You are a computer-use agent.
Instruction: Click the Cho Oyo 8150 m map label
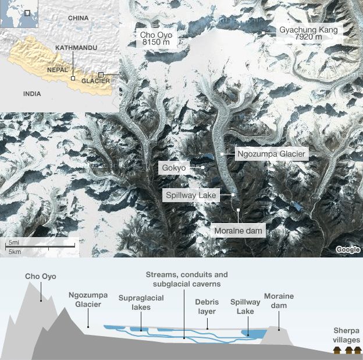point(156,38)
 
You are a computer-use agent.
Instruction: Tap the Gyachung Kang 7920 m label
point(308,34)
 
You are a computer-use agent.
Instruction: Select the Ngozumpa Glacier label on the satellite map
point(271,154)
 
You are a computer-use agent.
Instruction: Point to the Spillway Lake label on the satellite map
point(191,196)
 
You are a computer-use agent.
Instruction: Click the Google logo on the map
point(347,249)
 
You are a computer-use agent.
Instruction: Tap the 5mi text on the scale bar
point(12,241)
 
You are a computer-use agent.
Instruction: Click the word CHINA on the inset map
point(78,18)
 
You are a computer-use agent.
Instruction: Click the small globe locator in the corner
point(19,14)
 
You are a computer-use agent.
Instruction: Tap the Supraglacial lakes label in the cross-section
point(141,302)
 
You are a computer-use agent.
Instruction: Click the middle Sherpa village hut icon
point(348,350)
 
